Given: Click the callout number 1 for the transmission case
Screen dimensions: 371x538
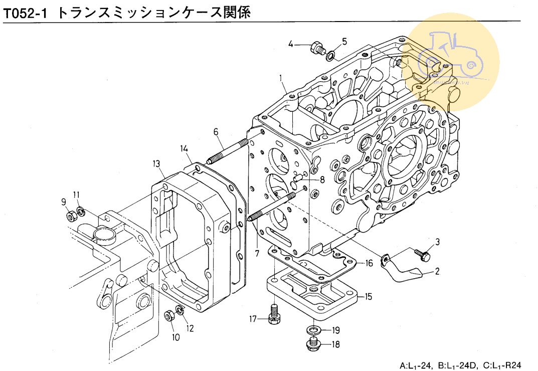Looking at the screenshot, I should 281,78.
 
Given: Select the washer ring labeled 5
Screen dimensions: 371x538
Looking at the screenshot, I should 331,54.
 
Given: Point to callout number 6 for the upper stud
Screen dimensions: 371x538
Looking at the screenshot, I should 216,132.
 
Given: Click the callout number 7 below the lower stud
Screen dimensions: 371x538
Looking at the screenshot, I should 256,253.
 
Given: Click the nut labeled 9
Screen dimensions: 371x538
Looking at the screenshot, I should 71,217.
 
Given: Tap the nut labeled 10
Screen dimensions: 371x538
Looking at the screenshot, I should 169,317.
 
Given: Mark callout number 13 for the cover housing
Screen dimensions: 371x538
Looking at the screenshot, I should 156,163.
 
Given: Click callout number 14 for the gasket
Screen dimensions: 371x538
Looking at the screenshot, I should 184,148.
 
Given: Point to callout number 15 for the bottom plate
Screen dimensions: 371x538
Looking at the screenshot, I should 368,297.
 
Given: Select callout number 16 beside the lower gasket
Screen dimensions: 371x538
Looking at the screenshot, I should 369,263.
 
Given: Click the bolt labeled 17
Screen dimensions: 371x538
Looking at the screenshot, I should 274,314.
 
